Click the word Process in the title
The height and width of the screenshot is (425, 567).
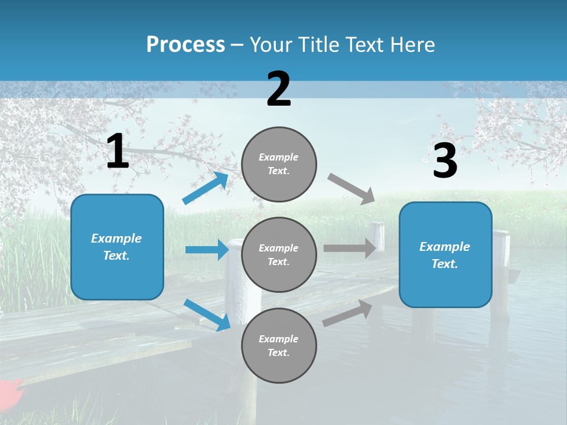coord(185,45)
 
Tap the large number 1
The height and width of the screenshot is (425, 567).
coord(118,152)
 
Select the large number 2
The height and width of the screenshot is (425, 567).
coord(279,89)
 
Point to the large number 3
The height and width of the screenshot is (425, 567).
coord(445,161)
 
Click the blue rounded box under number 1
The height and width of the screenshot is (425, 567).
coord(117,247)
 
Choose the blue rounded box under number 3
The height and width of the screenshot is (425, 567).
coord(445,255)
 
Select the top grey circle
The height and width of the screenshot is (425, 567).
coord(279,164)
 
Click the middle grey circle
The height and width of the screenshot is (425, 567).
coord(279,254)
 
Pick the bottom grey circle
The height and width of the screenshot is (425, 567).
coord(279,345)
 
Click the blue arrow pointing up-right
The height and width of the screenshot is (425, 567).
coord(206,188)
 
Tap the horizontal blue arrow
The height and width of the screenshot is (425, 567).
coord(207,250)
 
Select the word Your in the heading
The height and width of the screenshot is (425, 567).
coord(271,45)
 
